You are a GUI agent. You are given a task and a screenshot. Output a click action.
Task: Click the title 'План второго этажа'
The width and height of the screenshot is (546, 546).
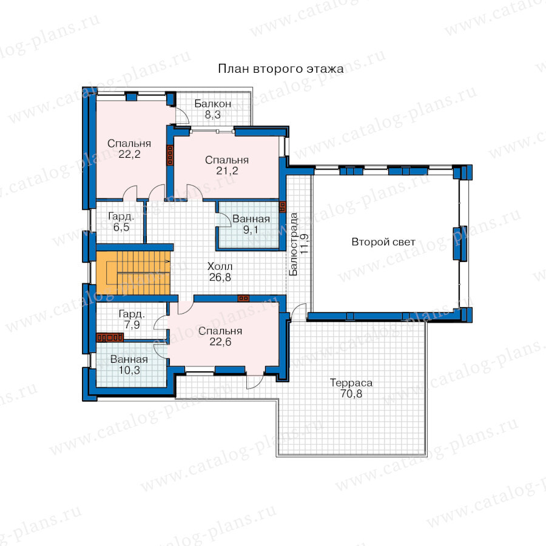pos(281,69)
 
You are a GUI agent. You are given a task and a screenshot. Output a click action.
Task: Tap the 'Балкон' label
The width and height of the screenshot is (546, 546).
pos(212,103)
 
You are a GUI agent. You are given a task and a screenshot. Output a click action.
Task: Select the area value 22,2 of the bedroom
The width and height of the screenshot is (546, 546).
pos(129,154)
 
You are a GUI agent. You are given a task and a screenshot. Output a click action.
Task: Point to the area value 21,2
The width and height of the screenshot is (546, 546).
pos(227,170)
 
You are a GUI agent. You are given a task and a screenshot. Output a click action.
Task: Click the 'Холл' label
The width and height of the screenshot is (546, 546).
pos(220,266)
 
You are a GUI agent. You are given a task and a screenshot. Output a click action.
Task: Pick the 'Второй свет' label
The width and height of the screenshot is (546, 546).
pos(383,241)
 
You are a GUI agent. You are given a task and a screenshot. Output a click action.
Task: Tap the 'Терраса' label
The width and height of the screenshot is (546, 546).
pos(351,383)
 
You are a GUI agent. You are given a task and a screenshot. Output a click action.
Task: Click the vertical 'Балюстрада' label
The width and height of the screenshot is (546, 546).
pos(294,244)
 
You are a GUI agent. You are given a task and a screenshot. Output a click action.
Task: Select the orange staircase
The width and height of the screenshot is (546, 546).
pos(133,272)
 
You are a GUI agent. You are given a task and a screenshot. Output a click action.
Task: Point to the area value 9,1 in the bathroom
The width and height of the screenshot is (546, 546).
pos(251,230)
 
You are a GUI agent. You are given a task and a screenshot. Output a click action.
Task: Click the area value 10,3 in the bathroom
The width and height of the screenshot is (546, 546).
pos(129,370)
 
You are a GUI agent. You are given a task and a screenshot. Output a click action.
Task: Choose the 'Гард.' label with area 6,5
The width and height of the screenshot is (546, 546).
pos(121,216)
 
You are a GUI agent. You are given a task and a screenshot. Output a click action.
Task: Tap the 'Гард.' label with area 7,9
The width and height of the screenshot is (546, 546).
pos(132,314)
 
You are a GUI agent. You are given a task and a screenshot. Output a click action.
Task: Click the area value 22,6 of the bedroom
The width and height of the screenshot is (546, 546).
pos(220,342)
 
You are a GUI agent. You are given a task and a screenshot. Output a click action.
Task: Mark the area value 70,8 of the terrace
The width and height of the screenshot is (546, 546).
pos(351,394)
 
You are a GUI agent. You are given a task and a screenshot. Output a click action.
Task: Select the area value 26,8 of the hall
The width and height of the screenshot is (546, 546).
pos(220,277)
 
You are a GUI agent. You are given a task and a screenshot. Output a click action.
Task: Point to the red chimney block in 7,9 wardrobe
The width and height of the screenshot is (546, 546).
pos(110,337)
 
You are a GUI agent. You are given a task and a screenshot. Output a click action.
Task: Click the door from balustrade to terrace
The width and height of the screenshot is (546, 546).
pos(298,311)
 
